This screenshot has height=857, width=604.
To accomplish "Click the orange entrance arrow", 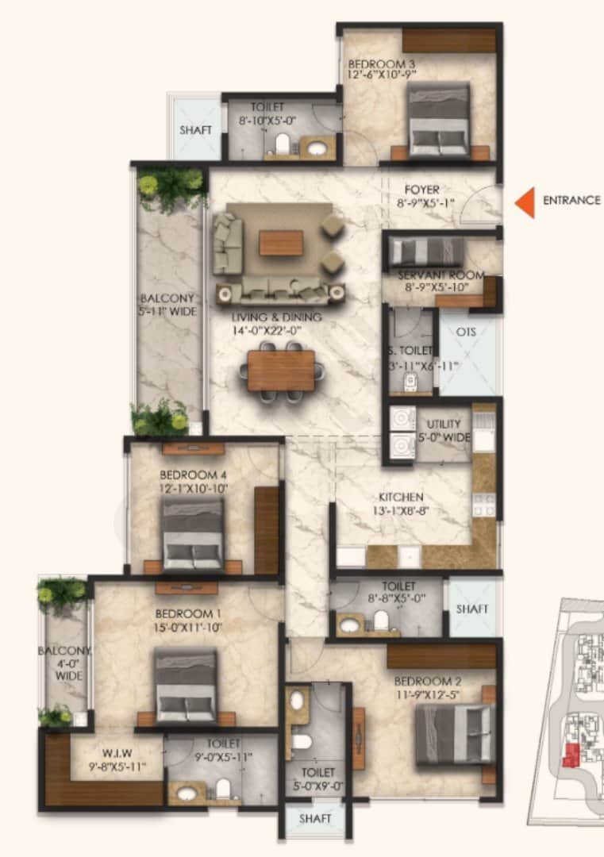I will [525, 202].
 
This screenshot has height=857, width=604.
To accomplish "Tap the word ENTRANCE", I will [571, 201].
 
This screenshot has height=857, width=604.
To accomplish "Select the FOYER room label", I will [421, 190].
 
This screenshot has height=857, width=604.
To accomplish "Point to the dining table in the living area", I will [281, 371].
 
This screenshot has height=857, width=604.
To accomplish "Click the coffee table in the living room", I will [281, 242].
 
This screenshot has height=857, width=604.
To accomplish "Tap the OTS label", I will [467, 332].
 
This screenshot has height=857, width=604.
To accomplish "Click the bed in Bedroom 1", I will [186, 686].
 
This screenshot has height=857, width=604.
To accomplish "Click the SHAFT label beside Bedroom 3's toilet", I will [194, 130].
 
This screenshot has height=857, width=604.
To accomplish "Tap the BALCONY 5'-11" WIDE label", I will [167, 305].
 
